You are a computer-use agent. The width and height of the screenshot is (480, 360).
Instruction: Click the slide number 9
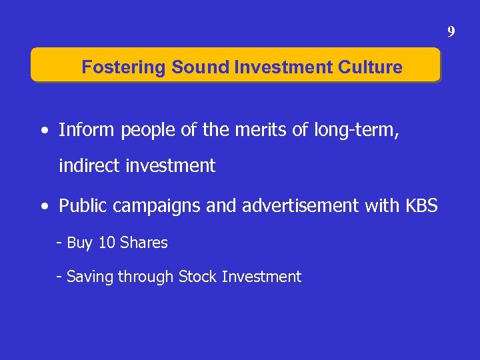[451, 31]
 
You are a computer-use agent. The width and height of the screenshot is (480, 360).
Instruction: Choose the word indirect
[89, 165]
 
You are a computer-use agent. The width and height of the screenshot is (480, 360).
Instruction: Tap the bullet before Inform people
[43, 131]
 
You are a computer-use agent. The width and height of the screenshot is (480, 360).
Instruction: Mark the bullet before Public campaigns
[43, 207]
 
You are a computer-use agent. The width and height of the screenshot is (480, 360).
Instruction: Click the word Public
[83, 207]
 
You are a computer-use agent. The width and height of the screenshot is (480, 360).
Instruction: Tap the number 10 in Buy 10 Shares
[107, 243]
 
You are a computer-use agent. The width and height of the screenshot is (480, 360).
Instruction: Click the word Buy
[80, 243]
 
